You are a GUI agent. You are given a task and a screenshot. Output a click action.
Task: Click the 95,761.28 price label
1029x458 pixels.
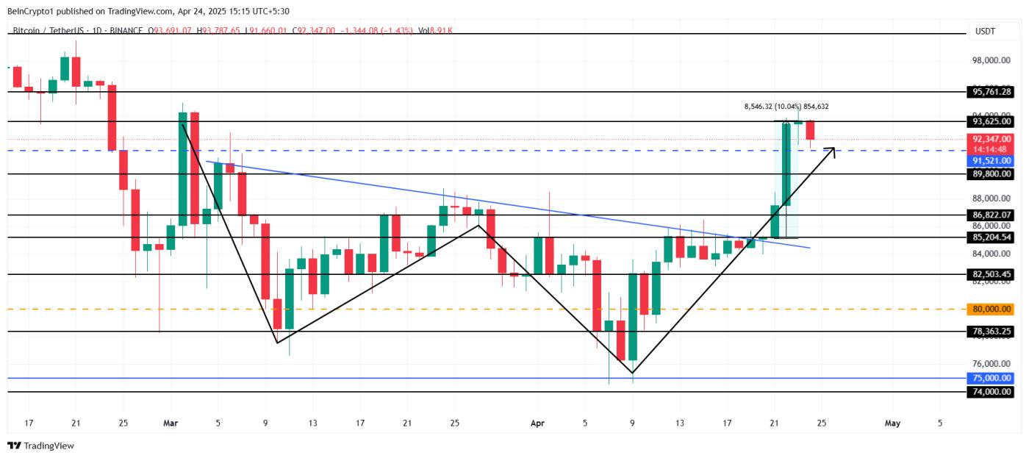992,92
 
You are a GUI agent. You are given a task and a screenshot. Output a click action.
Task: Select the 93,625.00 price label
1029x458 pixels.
992,121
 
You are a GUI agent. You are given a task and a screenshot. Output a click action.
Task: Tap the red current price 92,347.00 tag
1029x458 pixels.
992,139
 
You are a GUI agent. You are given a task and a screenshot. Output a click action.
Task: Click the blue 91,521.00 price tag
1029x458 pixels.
992,160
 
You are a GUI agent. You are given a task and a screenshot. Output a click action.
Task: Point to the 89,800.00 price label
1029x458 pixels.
992,174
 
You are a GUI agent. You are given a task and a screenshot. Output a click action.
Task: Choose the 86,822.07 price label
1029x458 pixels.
992,215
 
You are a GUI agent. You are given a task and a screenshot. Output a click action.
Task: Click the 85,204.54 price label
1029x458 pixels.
992,237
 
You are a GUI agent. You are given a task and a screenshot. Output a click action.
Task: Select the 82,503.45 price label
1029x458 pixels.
992,274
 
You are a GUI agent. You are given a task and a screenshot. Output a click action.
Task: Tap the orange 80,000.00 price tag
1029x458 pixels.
992,309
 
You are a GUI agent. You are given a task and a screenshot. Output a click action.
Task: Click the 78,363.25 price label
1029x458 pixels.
992,332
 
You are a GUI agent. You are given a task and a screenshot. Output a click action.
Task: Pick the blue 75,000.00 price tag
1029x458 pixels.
992,378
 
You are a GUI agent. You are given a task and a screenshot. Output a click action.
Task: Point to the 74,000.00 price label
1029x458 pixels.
992,393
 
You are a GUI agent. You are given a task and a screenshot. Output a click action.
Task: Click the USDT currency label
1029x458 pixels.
984,31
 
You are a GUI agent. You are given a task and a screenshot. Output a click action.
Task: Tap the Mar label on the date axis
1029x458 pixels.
171,423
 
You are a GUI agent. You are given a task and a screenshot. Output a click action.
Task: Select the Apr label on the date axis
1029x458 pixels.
538,423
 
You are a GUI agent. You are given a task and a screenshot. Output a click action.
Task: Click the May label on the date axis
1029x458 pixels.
892,423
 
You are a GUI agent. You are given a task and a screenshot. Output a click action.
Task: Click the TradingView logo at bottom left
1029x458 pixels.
41,446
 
